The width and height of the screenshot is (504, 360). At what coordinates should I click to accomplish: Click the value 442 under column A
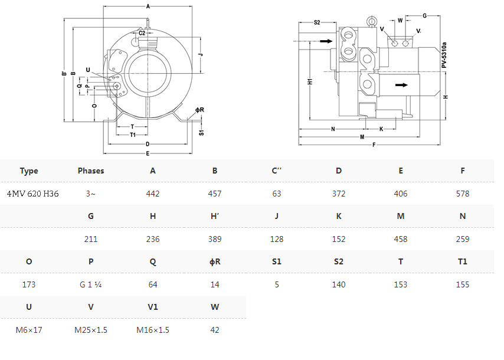(153, 194)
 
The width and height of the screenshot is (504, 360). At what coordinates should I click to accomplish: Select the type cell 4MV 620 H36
(33, 194)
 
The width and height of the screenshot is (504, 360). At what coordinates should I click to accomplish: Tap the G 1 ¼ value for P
(91, 285)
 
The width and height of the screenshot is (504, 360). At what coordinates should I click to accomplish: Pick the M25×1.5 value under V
(91, 330)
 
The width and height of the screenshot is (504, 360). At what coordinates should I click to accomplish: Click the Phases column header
(91, 171)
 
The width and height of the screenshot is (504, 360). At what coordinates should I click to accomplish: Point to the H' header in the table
(215, 217)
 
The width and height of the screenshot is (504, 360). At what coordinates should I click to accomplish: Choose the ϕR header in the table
(215, 262)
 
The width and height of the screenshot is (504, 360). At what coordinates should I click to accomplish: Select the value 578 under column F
(463, 194)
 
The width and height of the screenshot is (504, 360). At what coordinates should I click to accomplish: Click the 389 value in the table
(215, 239)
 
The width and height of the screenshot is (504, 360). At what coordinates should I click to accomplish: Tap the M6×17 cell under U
(29, 330)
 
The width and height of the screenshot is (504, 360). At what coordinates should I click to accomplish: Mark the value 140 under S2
(339, 285)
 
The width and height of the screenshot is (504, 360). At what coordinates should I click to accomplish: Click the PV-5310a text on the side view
(444, 55)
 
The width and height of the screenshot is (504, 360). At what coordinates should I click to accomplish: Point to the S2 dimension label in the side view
(317, 22)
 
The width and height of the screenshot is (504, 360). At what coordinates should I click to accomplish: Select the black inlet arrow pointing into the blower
(326, 41)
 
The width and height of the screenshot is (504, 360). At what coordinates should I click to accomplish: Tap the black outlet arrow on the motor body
(401, 85)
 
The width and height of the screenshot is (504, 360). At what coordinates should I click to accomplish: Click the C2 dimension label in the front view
(142, 33)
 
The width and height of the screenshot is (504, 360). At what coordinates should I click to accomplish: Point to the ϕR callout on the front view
(199, 110)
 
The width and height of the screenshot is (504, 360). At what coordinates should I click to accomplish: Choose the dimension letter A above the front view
(148, 6)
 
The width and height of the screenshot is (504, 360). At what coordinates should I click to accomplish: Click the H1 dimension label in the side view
(310, 81)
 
